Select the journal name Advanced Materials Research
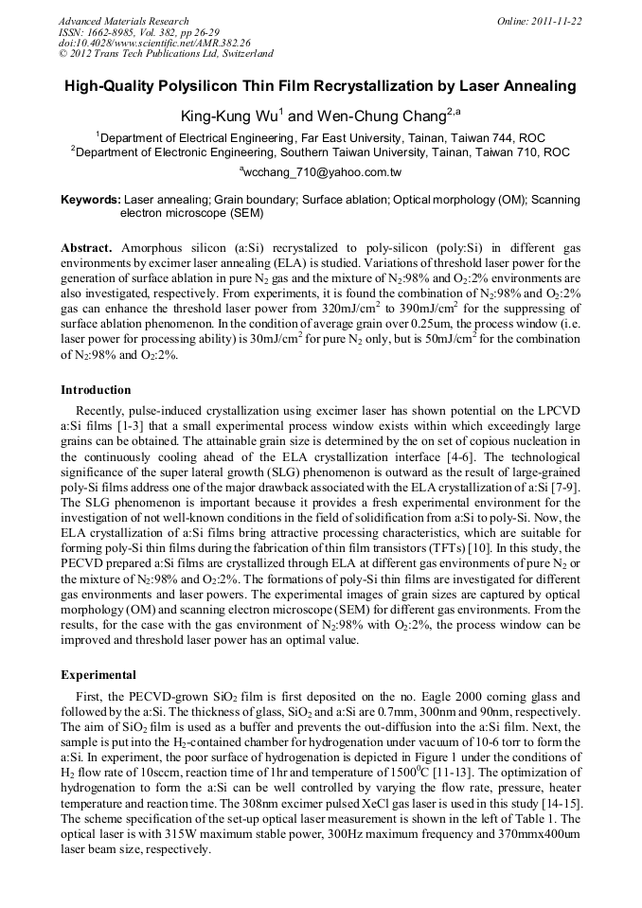pyautogui.click(x=123, y=20)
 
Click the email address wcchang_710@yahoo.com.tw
pyautogui.click(x=323, y=172)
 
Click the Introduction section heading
pyautogui.click(x=96, y=389)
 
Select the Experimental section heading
pyautogui.click(x=98, y=675)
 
